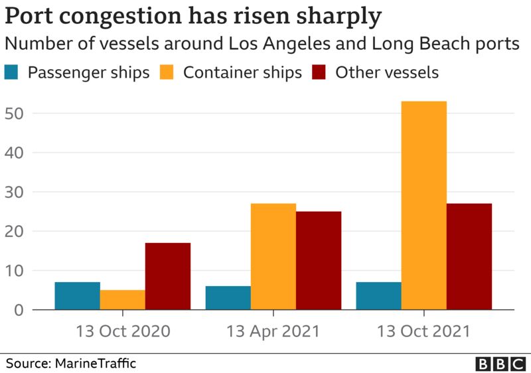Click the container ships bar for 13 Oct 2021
point(423,206)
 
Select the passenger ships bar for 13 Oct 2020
point(77,296)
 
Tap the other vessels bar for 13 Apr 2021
point(319,261)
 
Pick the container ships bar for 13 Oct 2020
point(122,300)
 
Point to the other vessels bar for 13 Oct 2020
point(168,277)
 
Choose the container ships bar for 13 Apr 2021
point(273,257)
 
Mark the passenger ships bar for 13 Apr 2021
point(228,298)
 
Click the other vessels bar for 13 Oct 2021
point(469,257)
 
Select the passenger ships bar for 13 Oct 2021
point(378,296)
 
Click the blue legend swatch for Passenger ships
point(13,72)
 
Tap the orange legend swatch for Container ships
point(169,72)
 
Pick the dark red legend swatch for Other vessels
point(321,72)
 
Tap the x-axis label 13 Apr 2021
point(273,331)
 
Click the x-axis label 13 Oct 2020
point(122,331)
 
